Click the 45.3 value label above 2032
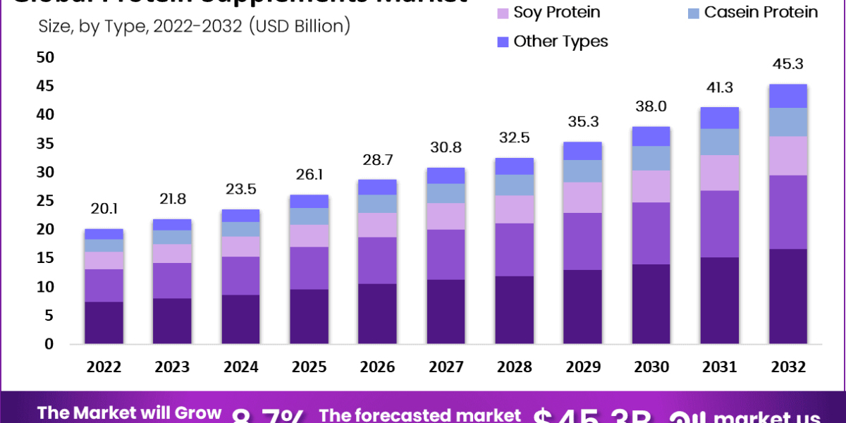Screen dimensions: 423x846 point(787,64)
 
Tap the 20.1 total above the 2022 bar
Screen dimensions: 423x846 point(104,208)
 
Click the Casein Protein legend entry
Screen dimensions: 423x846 point(751,12)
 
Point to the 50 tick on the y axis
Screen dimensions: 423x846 point(45,57)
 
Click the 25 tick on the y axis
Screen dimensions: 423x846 point(45,201)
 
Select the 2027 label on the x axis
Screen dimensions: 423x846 point(446,367)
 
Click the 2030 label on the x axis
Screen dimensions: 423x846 point(651,367)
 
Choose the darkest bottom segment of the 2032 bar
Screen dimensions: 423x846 point(787,296)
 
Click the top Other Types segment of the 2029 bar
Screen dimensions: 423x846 point(582,151)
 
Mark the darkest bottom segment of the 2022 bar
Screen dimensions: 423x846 point(104,323)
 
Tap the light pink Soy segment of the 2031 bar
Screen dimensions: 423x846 point(719,173)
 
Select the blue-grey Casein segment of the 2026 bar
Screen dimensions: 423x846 point(378,204)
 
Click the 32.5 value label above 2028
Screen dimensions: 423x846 point(515,137)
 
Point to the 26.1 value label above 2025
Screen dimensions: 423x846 point(309,174)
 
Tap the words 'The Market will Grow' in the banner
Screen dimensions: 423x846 point(130,413)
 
